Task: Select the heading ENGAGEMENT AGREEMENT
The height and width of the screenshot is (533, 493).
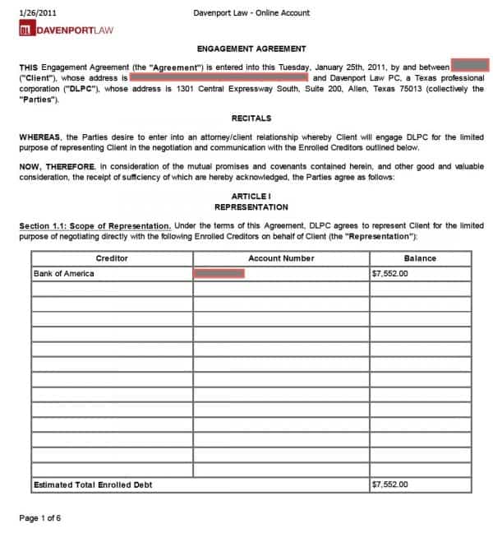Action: [x=251, y=49]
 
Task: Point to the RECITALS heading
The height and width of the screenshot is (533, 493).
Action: [x=251, y=118]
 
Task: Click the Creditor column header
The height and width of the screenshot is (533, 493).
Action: [x=112, y=258]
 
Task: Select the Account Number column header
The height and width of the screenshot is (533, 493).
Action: [x=281, y=258]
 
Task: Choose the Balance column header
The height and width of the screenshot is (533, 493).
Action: [x=420, y=258]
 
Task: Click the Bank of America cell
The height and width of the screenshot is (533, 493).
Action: [x=63, y=273]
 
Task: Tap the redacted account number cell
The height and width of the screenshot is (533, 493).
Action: [x=219, y=273]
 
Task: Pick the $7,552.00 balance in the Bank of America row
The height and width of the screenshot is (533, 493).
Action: [x=389, y=273]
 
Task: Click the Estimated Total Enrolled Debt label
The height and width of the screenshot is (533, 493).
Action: [x=92, y=484]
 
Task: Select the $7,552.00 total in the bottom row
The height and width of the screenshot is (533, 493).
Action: [x=389, y=484]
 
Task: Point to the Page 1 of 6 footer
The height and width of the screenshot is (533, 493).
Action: [x=40, y=518]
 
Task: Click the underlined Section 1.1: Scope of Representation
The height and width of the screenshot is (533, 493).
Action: [x=94, y=225]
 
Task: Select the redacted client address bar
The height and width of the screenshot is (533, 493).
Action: [x=219, y=77]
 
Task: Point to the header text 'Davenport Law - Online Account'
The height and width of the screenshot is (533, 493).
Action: [x=251, y=13]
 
